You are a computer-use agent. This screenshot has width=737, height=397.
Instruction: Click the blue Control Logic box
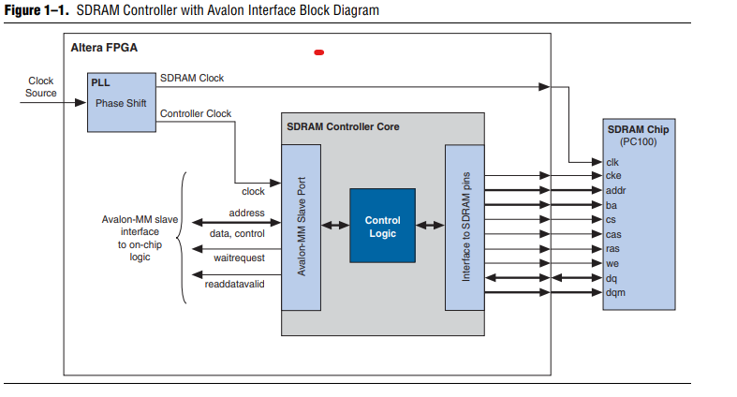382,225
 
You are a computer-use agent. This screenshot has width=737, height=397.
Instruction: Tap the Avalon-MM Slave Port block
302,228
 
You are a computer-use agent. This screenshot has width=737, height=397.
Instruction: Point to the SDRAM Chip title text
638,129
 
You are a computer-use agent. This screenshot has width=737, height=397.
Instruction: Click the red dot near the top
318,52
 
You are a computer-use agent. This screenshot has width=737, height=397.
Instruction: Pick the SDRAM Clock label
192,78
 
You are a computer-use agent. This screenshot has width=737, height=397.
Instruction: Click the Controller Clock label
196,114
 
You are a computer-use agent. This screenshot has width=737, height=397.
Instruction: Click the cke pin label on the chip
613,176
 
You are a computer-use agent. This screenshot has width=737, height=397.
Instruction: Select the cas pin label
613,234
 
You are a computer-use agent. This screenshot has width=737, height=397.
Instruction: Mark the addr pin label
615,190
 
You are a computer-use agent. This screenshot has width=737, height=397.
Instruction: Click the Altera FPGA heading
103,47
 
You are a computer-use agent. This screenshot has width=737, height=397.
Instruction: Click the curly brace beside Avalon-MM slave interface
183,238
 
